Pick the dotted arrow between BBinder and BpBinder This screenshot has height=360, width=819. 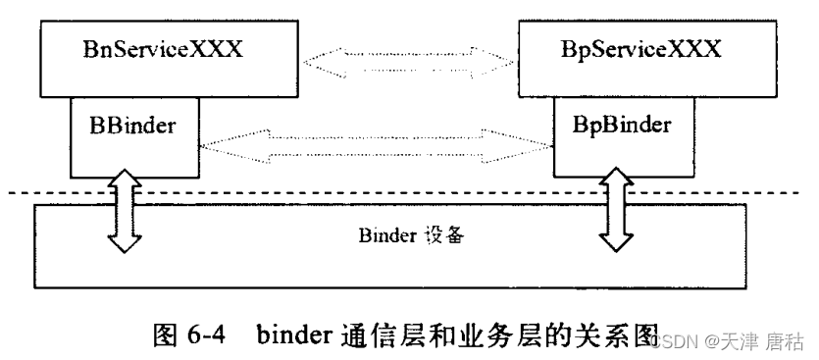[377, 147]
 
